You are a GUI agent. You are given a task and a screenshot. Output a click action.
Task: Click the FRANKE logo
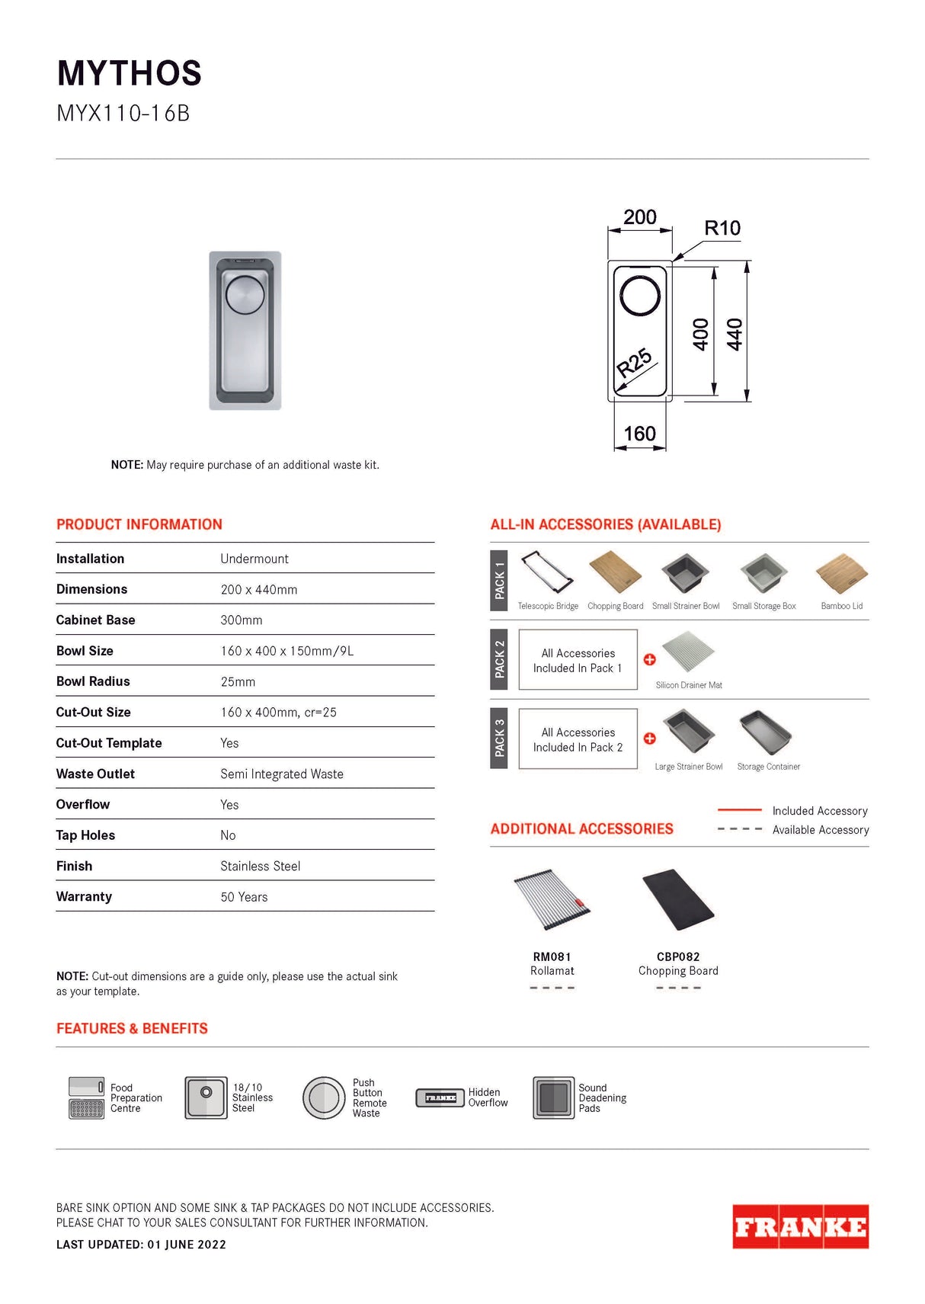(x=800, y=1226)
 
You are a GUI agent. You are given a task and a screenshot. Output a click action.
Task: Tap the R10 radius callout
(x=722, y=228)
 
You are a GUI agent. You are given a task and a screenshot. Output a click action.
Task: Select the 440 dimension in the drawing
(x=735, y=334)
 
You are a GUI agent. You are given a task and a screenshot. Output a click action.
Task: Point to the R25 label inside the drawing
(x=634, y=363)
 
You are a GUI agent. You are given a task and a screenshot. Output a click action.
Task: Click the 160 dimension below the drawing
(x=639, y=434)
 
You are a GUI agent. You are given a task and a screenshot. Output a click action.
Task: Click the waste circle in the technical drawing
(x=640, y=296)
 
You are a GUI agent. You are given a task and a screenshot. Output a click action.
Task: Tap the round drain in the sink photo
(x=245, y=296)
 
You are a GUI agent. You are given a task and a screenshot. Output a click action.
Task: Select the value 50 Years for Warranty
(x=244, y=897)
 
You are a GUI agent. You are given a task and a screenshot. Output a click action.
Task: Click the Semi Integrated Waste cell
(x=281, y=774)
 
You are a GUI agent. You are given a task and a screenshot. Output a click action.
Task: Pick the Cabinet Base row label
(x=95, y=620)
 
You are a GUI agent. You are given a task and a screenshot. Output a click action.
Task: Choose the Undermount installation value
(x=254, y=559)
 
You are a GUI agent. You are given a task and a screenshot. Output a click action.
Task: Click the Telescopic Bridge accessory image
(x=546, y=572)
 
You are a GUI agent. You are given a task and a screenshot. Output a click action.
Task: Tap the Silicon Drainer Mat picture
(x=688, y=652)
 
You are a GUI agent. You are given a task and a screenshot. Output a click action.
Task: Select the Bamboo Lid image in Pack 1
(x=841, y=574)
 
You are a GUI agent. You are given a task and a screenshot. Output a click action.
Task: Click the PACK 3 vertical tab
(x=499, y=738)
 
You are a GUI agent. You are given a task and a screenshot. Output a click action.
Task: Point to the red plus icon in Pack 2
(x=649, y=659)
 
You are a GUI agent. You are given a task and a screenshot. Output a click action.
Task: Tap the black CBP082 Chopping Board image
(x=678, y=900)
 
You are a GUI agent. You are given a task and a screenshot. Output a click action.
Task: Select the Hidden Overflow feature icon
(x=440, y=1097)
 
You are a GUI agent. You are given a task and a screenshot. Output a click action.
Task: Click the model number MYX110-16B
(x=123, y=114)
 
